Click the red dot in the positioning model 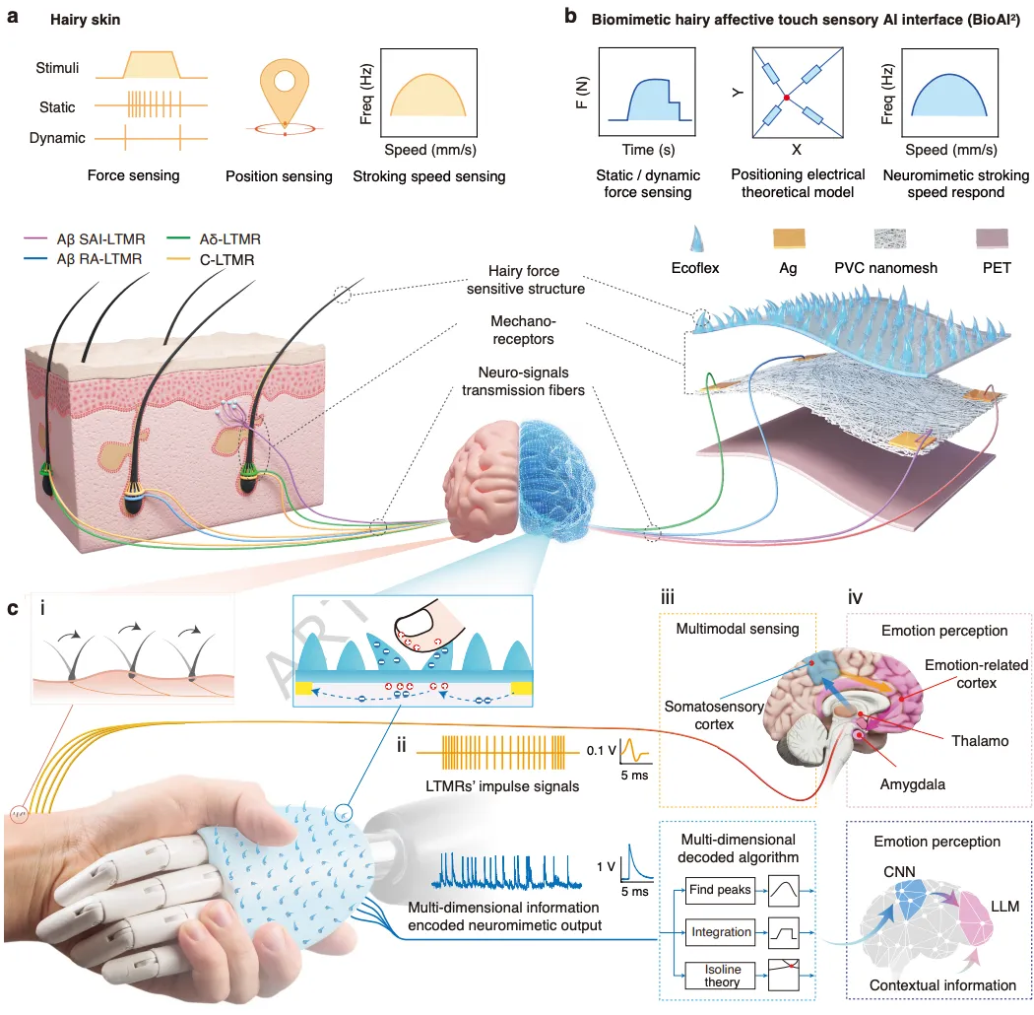(x=787, y=98)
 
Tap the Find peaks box (x=720, y=890)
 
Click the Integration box (x=720, y=931)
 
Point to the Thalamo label (x=978, y=739)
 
